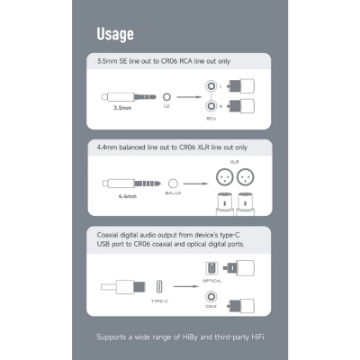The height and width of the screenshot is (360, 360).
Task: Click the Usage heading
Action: [x=115, y=34]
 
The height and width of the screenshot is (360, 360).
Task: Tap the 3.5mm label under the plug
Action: [x=122, y=108]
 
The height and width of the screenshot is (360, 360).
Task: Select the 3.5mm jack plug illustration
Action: [x=129, y=97]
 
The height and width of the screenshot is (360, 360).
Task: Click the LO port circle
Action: [x=166, y=97]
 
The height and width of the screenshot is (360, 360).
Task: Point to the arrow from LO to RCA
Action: [x=190, y=97]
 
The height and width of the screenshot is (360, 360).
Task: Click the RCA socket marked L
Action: [x=211, y=86]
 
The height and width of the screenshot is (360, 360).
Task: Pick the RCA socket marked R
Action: [x=211, y=106]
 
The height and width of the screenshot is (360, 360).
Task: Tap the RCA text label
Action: [x=211, y=119]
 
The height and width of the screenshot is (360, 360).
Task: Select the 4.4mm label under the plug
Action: [x=128, y=196]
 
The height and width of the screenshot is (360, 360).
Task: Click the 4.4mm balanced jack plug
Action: [x=131, y=184]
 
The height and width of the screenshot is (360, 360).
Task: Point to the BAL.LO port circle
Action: [x=173, y=184]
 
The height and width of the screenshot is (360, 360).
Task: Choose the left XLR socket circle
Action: [x=225, y=177]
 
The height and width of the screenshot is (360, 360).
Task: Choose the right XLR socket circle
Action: [x=246, y=177]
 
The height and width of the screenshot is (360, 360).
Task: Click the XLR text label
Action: [x=234, y=162]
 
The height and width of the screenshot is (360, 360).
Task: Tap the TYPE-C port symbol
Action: [x=159, y=287]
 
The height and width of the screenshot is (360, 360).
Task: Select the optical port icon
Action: [x=211, y=269]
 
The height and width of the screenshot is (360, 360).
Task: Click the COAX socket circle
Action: [x=211, y=297]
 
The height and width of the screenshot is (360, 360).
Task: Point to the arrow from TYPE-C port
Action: [x=186, y=286]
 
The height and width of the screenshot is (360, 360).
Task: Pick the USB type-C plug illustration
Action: [x=123, y=287]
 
